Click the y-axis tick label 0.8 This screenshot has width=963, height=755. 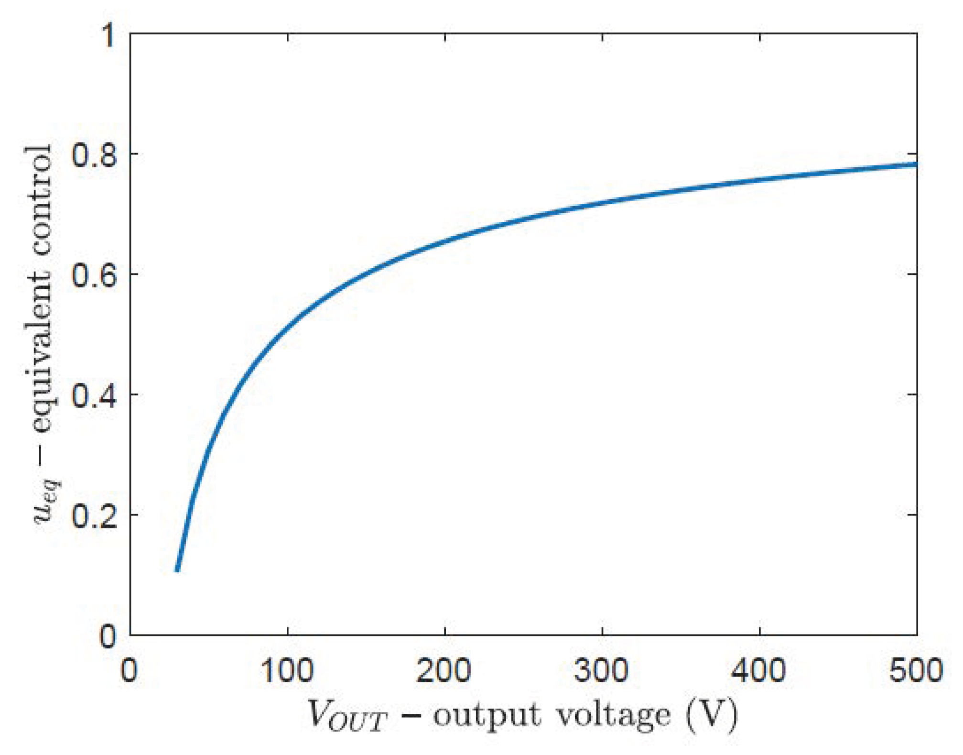point(94,155)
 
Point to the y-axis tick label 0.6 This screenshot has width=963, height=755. point(94,275)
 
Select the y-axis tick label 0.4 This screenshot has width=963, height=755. point(94,396)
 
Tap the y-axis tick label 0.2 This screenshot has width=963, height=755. point(94,516)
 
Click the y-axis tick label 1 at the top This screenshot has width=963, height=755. point(109,35)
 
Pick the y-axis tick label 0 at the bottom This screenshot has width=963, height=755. point(108,636)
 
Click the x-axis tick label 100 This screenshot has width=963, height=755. point(287,670)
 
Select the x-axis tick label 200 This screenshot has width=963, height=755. point(444,670)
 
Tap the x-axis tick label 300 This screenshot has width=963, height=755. point(601,670)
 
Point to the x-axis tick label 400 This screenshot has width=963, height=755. point(759,670)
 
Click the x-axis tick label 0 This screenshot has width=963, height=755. point(129,670)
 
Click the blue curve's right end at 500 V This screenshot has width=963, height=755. point(915,164)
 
